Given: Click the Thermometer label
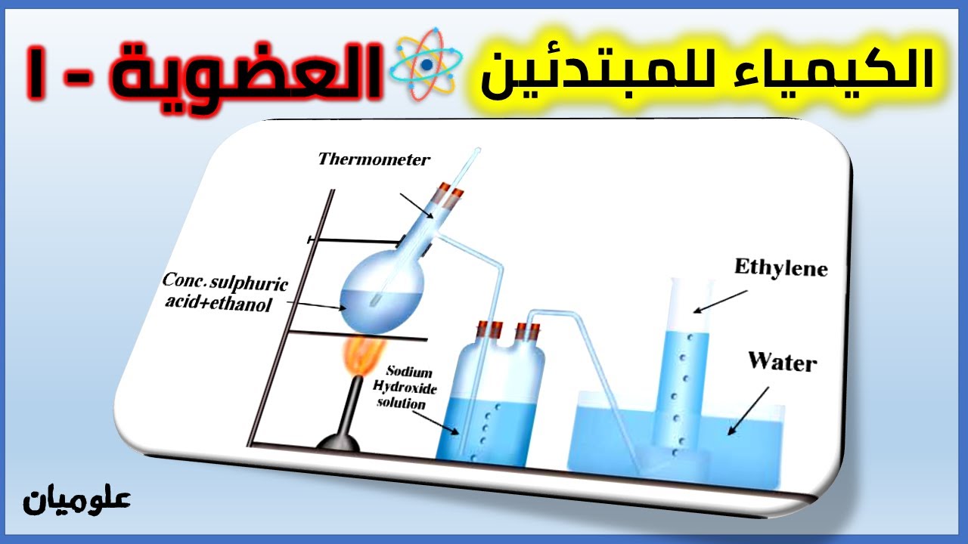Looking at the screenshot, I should (x=374, y=159).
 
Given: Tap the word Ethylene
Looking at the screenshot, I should (x=780, y=268).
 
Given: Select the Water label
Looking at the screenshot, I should (x=783, y=361).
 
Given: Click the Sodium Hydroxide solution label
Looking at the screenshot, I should (x=409, y=388).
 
